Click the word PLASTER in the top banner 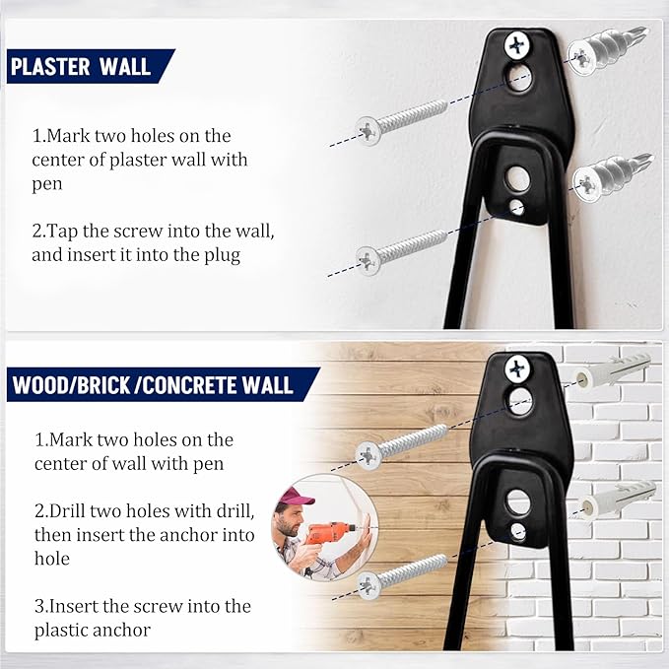[x=50, y=67]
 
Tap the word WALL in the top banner [x=124, y=67]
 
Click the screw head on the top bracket [x=516, y=44]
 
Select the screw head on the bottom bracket [x=517, y=368]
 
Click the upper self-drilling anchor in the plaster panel [x=607, y=50]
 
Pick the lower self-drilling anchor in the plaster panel [x=612, y=176]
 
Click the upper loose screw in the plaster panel [x=401, y=121]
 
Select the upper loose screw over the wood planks [x=401, y=446]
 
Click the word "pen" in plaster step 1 [x=47, y=184]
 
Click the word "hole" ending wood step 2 [x=52, y=559]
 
